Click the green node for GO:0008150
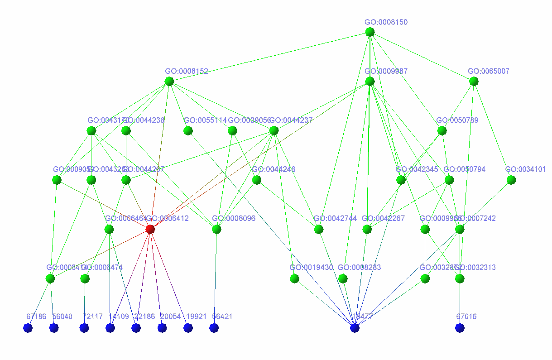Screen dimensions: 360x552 (x=370, y=32)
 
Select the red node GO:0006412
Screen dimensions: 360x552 (x=150, y=229)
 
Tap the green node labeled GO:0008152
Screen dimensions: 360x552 (x=169, y=82)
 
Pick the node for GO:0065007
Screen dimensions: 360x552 (x=474, y=82)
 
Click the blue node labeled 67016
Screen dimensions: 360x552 (x=460, y=328)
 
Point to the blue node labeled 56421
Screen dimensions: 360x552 (x=214, y=328)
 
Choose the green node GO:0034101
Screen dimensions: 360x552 (x=511, y=180)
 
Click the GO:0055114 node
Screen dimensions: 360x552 (x=188, y=131)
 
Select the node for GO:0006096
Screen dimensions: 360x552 (x=216, y=230)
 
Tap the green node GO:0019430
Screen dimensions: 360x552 (x=294, y=278)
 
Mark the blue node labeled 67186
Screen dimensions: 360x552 (x=28, y=328)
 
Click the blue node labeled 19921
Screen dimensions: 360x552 (x=188, y=328)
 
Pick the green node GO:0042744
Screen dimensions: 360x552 (x=319, y=230)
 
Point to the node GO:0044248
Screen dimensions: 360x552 (x=257, y=180)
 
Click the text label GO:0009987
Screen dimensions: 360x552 (x=386, y=72)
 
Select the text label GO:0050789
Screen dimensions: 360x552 (x=457, y=120)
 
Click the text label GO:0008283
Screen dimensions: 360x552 (x=359, y=268)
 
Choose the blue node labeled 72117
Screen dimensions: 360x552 (x=84, y=328)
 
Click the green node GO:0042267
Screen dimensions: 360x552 (x=367, y=230)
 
